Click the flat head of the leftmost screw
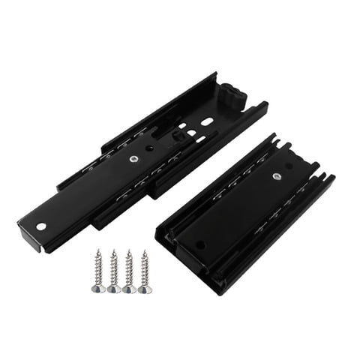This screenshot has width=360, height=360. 98,289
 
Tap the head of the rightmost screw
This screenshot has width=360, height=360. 145,289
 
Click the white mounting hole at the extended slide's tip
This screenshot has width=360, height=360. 42,225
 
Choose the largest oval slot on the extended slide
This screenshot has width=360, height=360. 206,121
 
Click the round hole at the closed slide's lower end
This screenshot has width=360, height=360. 200,244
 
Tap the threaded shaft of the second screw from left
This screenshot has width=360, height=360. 113,267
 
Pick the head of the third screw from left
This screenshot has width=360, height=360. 129,289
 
